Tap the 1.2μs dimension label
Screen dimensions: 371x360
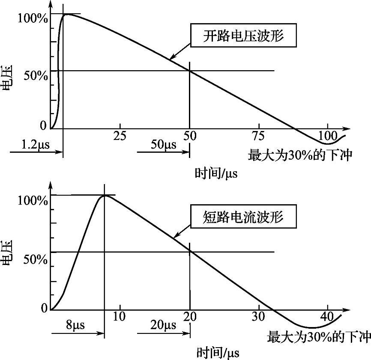[x=36, y=144]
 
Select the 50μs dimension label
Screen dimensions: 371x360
[x=163, y=144]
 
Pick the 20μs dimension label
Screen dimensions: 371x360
[x=163, y=325]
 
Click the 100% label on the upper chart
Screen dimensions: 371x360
[x=33, y=19]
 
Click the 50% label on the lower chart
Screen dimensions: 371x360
[x=33, y=259]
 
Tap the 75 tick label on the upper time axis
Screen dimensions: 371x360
[x=259, y=136]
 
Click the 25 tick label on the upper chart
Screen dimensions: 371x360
[x=120, y=136]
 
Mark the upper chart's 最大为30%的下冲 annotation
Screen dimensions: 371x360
[x=300, y=155]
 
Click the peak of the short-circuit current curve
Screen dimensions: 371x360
[x=104, y=196]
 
